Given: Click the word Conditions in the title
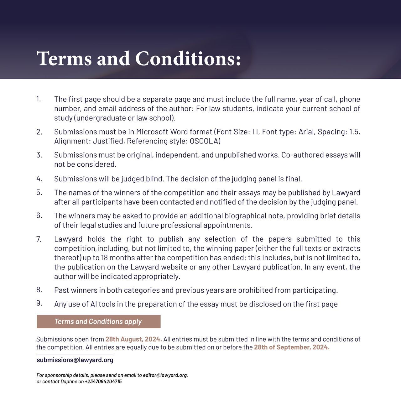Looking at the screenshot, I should coord(188,59).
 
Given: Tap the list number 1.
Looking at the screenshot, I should coord(39,99).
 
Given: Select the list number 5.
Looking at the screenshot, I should coord(39,192).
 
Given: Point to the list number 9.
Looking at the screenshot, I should coord(39,303).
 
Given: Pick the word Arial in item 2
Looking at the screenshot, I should coord(306,132).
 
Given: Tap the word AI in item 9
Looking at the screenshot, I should coord(94,304).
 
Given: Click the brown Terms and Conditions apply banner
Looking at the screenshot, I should coord(98,321).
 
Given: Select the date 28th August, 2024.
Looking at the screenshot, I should coord(133,339).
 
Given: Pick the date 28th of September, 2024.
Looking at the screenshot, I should coord(291,347).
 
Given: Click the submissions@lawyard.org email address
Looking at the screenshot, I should coord(75,360).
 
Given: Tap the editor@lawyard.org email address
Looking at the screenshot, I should coord(165,375).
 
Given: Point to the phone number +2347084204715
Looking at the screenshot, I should coord(103,382).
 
